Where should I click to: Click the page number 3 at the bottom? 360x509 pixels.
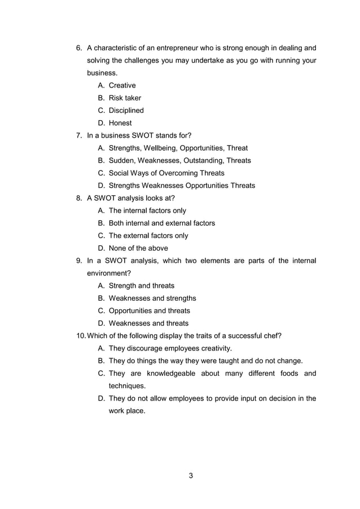191,476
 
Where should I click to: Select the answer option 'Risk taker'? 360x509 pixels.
125,98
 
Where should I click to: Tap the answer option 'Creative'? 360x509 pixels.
122,86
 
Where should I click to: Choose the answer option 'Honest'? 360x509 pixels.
120,123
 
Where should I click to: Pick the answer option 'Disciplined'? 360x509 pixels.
126,111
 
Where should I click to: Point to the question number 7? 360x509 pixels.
79,135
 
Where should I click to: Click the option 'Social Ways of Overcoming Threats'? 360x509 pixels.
166,173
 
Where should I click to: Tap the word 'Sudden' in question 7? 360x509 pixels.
122,161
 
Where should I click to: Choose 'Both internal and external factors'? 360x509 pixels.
162,223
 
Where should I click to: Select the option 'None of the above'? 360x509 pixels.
138,248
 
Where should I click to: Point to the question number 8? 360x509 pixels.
79,198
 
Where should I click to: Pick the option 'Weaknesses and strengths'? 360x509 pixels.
152,298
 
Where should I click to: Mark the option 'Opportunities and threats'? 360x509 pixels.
149,311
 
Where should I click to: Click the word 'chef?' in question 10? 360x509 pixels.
272,336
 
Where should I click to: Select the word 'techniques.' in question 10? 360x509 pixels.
127,386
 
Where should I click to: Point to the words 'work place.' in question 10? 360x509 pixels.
127,411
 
